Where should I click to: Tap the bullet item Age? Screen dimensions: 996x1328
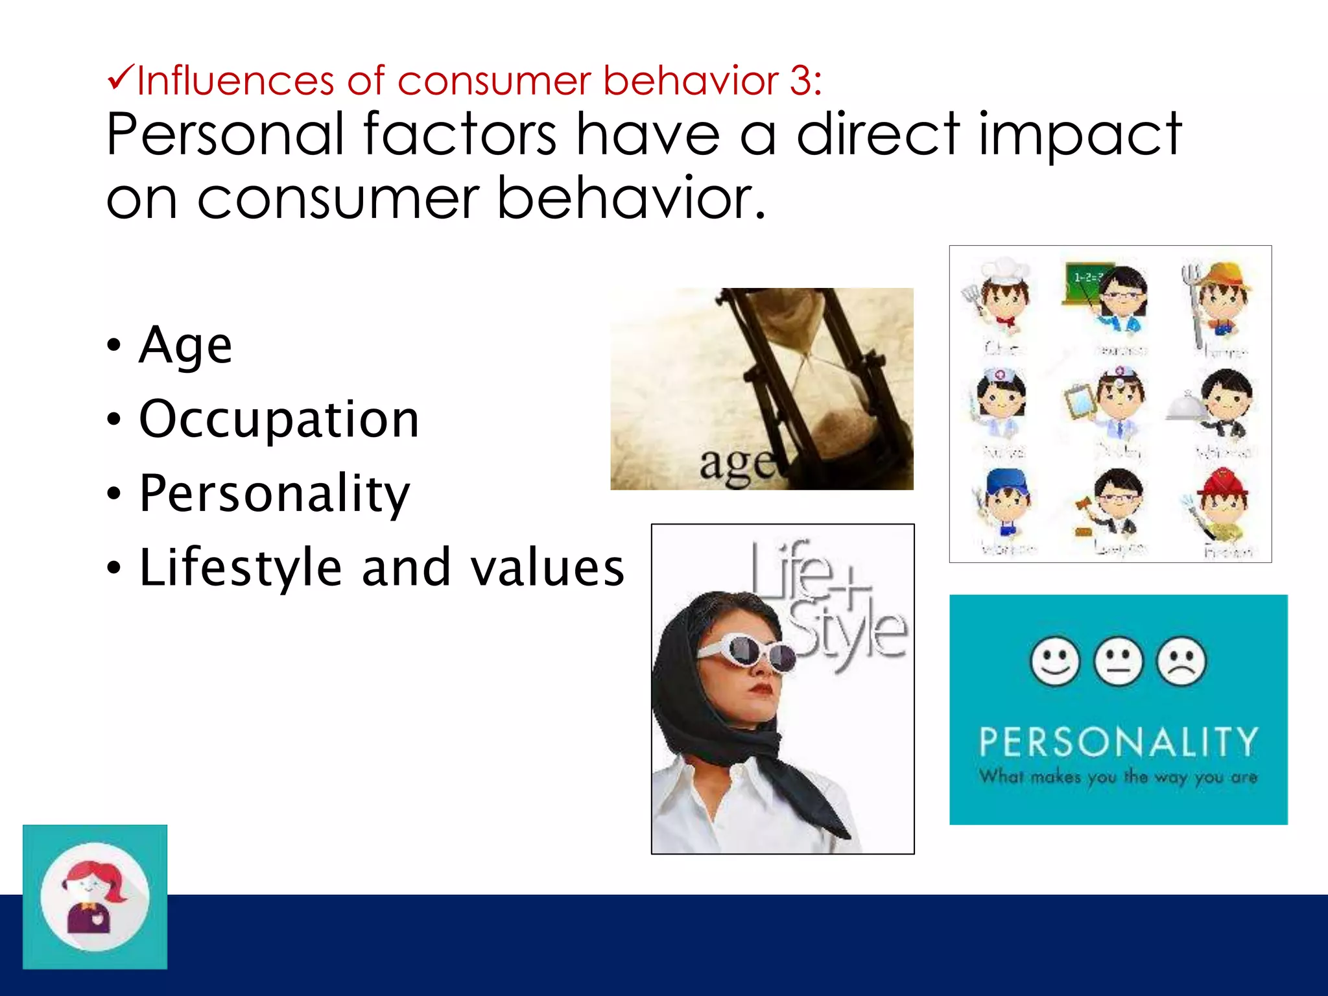[185, 345]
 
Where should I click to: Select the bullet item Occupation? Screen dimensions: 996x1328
[279, 420]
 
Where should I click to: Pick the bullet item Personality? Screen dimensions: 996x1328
[274, 494]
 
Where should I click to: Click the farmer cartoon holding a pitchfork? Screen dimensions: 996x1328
[1219, 298]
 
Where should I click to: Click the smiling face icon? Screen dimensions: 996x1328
[1054, 661]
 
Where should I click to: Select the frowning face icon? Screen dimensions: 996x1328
[1181, 661]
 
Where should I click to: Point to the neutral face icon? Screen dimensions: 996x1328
[1118, 661]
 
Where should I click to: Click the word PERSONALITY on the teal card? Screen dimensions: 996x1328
[1118, 742]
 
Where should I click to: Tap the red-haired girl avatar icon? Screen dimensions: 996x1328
[95, 897]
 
